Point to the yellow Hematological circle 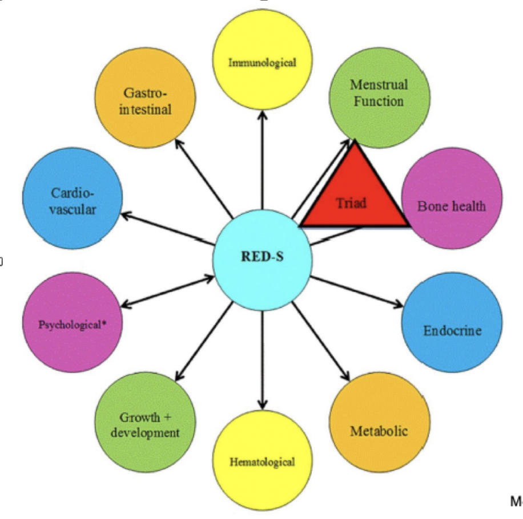coord(262,459)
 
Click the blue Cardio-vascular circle coord(73,200)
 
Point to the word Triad coord(351,202)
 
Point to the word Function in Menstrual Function coord(379,102)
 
